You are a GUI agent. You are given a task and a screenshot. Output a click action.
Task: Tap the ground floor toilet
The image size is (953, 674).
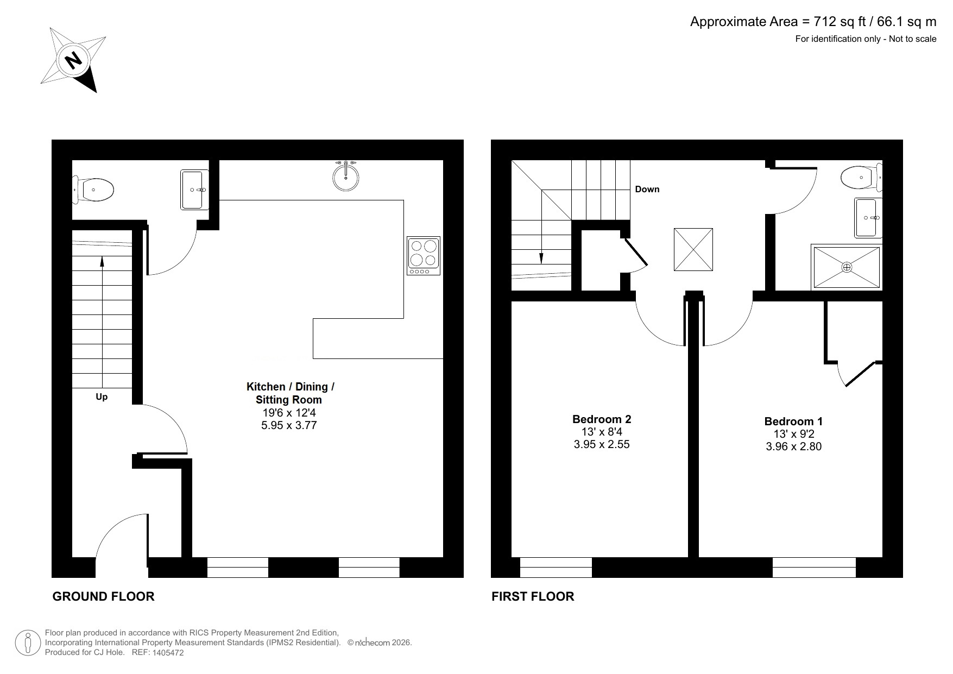(96, 190)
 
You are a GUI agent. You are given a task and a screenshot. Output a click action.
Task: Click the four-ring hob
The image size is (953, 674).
(424, 255)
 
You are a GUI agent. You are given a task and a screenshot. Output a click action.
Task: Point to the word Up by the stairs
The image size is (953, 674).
(102, 397)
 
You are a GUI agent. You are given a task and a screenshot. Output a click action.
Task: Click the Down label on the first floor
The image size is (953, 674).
(647, 189)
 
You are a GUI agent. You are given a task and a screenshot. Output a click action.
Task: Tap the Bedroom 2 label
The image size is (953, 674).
(602, 419)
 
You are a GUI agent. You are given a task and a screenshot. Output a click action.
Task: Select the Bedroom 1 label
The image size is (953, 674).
(793, 421)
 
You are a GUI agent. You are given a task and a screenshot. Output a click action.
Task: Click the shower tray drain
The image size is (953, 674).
(847, 267)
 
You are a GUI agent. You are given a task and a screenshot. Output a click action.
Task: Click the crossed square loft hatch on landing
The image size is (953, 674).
(693, 249)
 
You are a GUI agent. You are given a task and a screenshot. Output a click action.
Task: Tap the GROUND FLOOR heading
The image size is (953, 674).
(103, 596)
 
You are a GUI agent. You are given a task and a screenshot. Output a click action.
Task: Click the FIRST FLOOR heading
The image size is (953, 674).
(532, 596)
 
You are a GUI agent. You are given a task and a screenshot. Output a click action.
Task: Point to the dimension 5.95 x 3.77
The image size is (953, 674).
(289, 426)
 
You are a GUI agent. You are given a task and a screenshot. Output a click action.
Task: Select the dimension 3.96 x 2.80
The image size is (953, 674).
(793, 447)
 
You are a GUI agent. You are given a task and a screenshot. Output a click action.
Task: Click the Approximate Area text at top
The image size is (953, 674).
(813, 22)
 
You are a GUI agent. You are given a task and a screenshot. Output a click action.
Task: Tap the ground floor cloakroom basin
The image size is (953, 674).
(194, 190)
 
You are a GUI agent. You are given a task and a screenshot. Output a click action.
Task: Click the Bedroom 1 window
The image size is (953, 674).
(813, 567)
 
